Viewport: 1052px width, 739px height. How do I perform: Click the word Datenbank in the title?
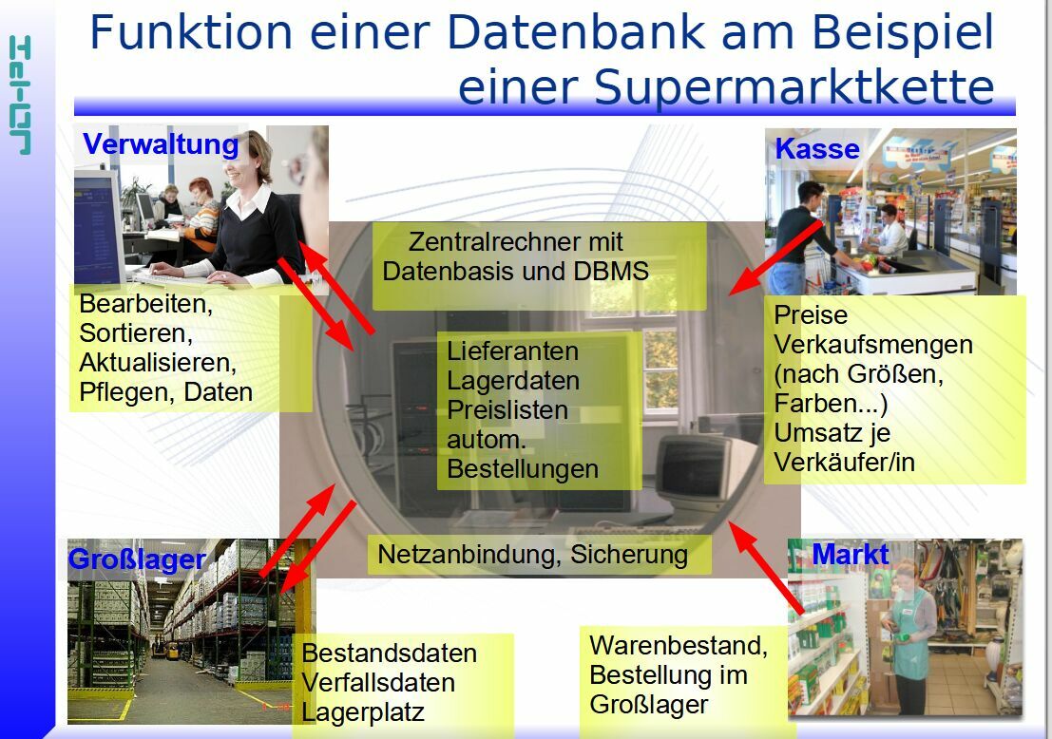[576, 31]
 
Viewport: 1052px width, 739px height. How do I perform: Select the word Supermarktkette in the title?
[794, 88]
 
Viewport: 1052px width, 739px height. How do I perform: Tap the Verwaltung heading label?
[161, 144]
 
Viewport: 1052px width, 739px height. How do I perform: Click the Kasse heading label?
[817, 149]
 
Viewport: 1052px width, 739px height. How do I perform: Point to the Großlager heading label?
[137, 559]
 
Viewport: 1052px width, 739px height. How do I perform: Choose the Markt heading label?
[850, 555]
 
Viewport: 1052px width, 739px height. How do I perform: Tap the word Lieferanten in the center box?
[512, 351]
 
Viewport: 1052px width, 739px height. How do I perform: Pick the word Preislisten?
[507, 409]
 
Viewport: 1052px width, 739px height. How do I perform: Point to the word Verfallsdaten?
[378, 683]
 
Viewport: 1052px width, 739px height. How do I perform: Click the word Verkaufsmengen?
[873, 345]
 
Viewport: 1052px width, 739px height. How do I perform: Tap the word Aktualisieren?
[158, 363]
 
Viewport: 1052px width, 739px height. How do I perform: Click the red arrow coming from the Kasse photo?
[775, 257]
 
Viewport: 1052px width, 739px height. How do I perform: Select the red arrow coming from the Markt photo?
[766, 568]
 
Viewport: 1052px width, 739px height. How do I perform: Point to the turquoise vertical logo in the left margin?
[20, 95]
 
